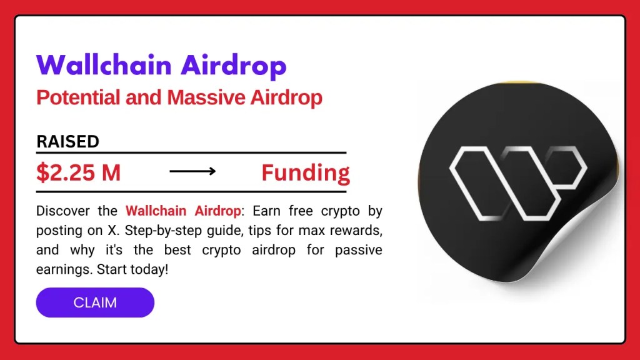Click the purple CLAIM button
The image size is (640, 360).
[x=95, y=302]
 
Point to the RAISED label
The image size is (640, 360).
[x=67, y=141]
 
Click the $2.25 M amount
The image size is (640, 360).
[x=78, y=172]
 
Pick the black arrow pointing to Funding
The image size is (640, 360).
[x=192, y=171]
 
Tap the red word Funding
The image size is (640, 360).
[x=305, y=172]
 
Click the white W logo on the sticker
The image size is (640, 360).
[x=517, y=177]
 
